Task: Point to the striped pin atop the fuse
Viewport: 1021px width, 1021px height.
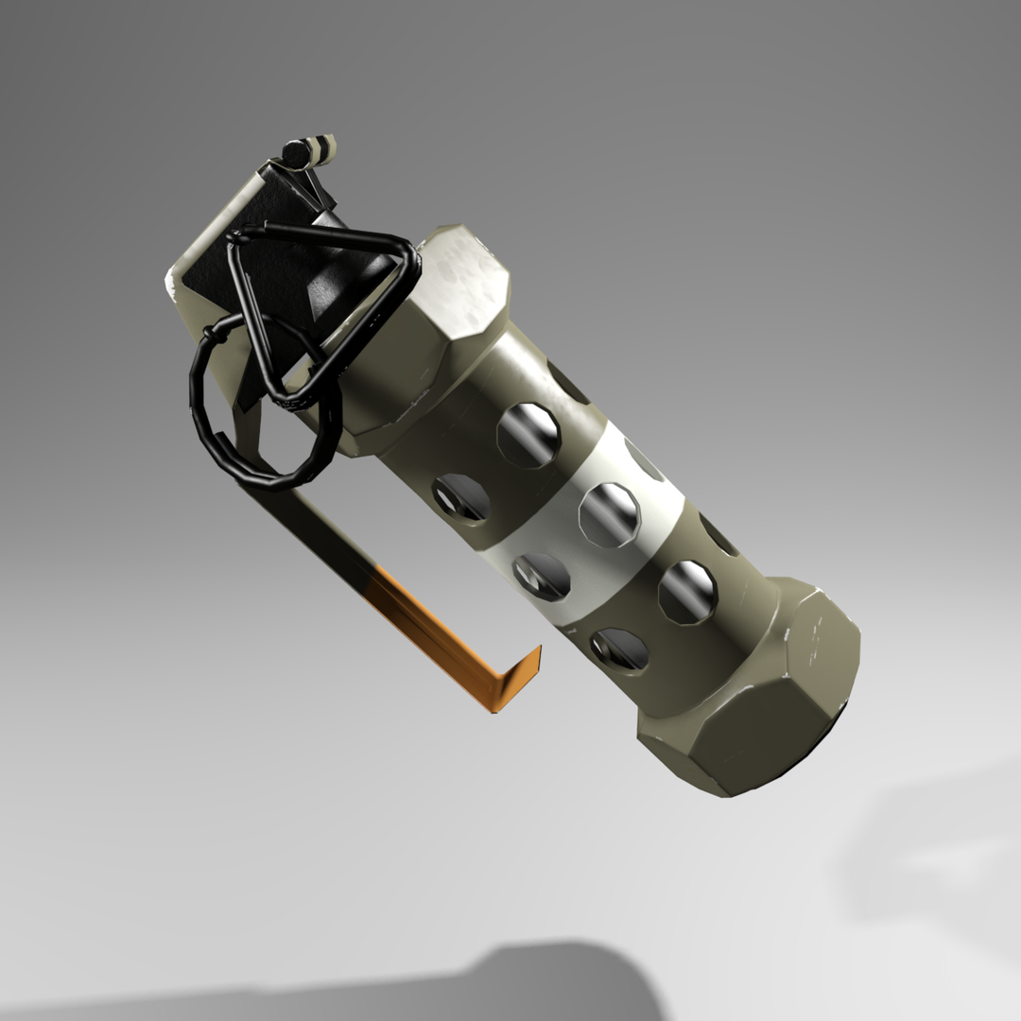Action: pyautogui.click(x=310, y=149)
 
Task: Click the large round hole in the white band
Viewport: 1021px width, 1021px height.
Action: pyautogui.click(x=609, y=513)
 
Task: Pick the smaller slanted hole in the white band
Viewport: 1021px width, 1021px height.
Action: pyautogui.click(x=542, y=576)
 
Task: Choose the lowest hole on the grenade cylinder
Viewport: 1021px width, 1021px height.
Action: pyautogui.click(x=619, y=649)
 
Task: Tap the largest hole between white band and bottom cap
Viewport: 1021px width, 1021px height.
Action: pyautogui.click(x=687, y=591)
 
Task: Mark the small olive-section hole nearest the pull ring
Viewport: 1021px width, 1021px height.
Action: pyautogui.click(x=461, y=497)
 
